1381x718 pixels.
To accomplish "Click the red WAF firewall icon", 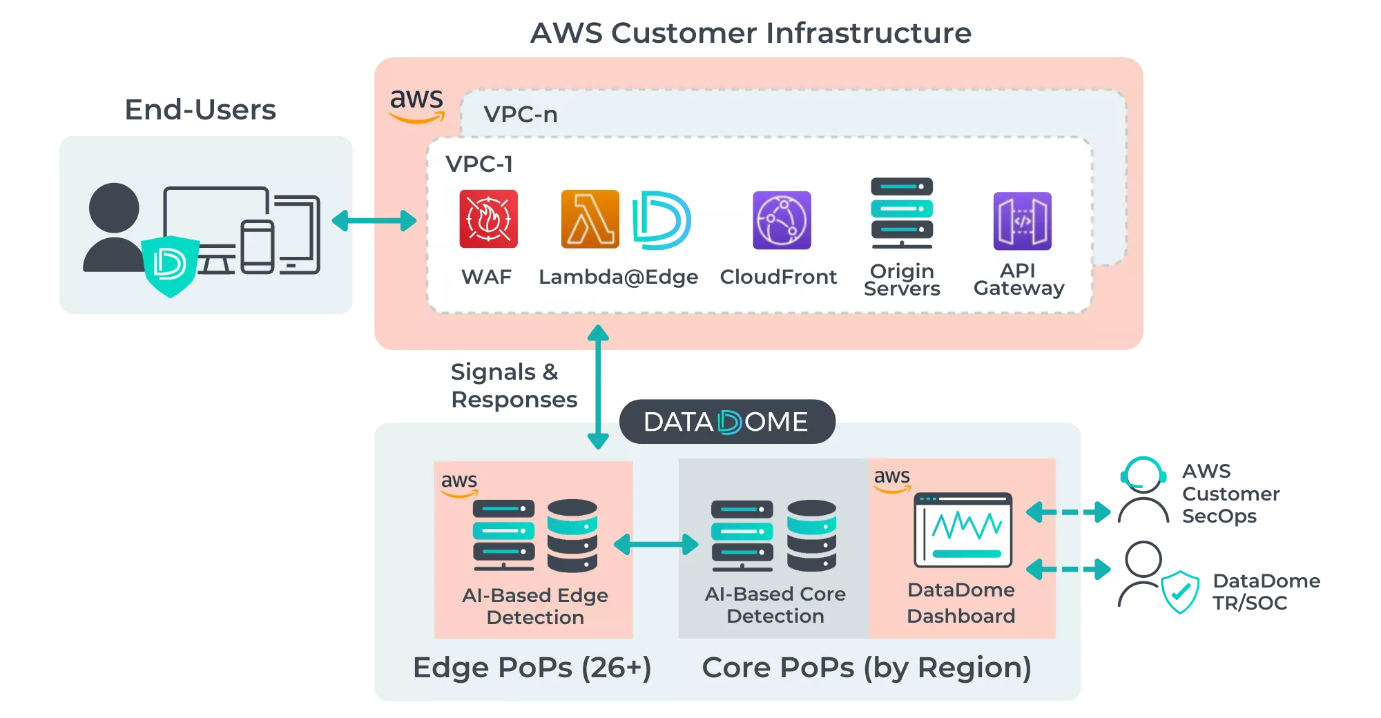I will [x=488, y=219].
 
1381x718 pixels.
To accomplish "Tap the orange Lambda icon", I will [x=590, y=219].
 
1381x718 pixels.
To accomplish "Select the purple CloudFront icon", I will [x=782, y=220].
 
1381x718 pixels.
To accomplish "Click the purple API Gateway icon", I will [x=1022, y=221].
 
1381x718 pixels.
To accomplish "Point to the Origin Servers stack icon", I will [x=902, y=213].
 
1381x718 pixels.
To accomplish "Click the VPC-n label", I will [x=521, y=114].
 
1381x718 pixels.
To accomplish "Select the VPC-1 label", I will [x=479, y=164].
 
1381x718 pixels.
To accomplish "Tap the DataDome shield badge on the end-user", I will [x=170, y=265].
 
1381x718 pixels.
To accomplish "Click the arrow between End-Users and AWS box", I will [x=374, y=221].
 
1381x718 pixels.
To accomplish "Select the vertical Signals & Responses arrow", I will [x=598, y=387].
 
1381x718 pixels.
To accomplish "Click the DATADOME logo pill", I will [x=726, y=421].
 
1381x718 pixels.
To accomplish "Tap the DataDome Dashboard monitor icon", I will [x=963, y=530].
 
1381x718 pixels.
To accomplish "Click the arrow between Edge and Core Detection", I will [x=656, y=544].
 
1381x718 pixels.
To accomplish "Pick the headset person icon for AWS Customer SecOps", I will [x=1143, y=490].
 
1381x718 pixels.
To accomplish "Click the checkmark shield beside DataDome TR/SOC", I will [x=1180, y=592].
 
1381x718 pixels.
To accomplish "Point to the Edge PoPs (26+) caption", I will [x=532, y=668].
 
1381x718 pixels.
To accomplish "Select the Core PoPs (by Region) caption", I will [x=867, y=668].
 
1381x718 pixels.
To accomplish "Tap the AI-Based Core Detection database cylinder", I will [x=811, y=536].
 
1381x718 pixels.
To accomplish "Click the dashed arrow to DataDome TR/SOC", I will [x=1068, y=570].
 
